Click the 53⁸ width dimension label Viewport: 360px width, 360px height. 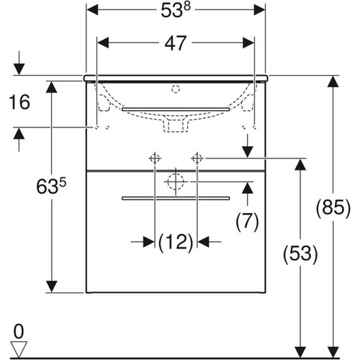point(176,10)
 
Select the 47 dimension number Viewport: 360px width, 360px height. point(176,43)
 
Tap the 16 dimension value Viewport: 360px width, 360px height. point(19,102)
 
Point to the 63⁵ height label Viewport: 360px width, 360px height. point(51,186)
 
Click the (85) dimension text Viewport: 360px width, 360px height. point(333,208)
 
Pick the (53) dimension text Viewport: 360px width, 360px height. point(300,253)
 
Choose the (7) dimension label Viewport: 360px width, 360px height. point(247,221)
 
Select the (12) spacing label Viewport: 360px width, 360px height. point(176,242)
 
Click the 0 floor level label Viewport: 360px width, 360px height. point(19,331)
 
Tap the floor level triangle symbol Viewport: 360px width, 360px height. point(19,349)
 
